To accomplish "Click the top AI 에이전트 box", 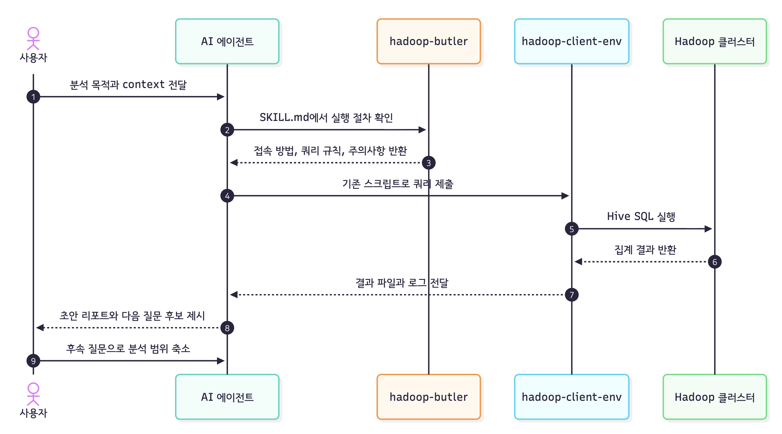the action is point(227,41).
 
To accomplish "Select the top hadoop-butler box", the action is point(428,41).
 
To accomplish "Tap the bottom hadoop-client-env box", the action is point(571,397).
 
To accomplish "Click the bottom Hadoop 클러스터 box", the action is point(714,397).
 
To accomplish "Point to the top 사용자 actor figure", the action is point(33,39).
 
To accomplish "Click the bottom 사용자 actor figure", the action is point(33,394).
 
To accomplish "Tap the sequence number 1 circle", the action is point(33,97).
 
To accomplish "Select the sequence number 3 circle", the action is point(428,163).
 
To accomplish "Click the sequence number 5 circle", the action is point(571,229).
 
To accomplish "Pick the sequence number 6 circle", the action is point(714,262).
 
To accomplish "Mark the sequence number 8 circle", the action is point(227,328).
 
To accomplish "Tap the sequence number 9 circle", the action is point(33,361).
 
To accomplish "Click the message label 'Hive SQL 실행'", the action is point(641,216).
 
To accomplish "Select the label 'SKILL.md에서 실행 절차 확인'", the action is point(326,117).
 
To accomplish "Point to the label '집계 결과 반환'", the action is point(645,250).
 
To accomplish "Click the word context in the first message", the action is point(143,84).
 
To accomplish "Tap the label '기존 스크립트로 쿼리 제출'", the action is point(398,184).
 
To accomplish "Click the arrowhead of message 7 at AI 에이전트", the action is point(234,295).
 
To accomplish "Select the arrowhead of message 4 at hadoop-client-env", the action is point(565,196).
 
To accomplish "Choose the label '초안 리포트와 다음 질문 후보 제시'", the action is point(132,316).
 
